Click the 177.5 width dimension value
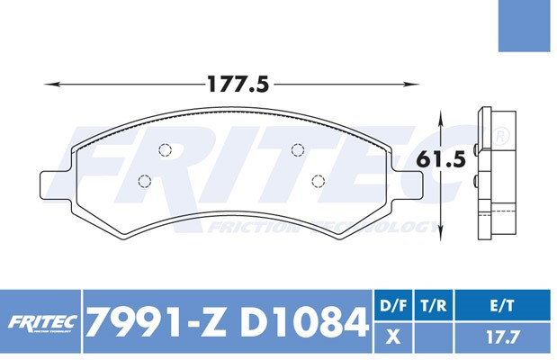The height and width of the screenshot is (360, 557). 238,85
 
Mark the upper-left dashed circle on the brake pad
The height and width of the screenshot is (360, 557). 164,150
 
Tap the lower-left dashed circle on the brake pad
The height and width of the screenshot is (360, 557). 143,181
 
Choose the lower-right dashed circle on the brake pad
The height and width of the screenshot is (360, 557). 318,181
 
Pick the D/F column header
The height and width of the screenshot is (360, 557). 391,305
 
